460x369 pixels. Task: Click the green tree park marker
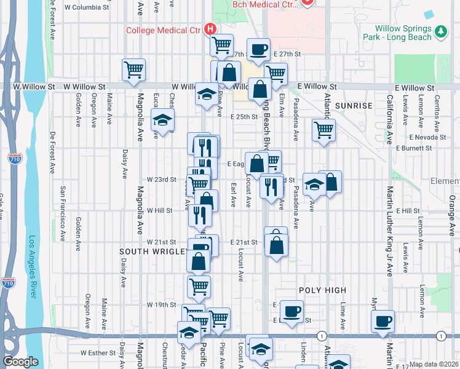[440, 31]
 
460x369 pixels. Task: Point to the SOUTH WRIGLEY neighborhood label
[153, 252]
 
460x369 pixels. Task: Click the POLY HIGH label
[323, 290]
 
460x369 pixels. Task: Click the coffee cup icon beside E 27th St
[259, 49]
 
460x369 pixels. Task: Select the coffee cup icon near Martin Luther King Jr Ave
[383, 321]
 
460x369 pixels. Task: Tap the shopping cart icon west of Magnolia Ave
[133, 69]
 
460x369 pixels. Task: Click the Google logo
[20, 362]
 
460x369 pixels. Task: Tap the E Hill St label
[408, 210]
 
